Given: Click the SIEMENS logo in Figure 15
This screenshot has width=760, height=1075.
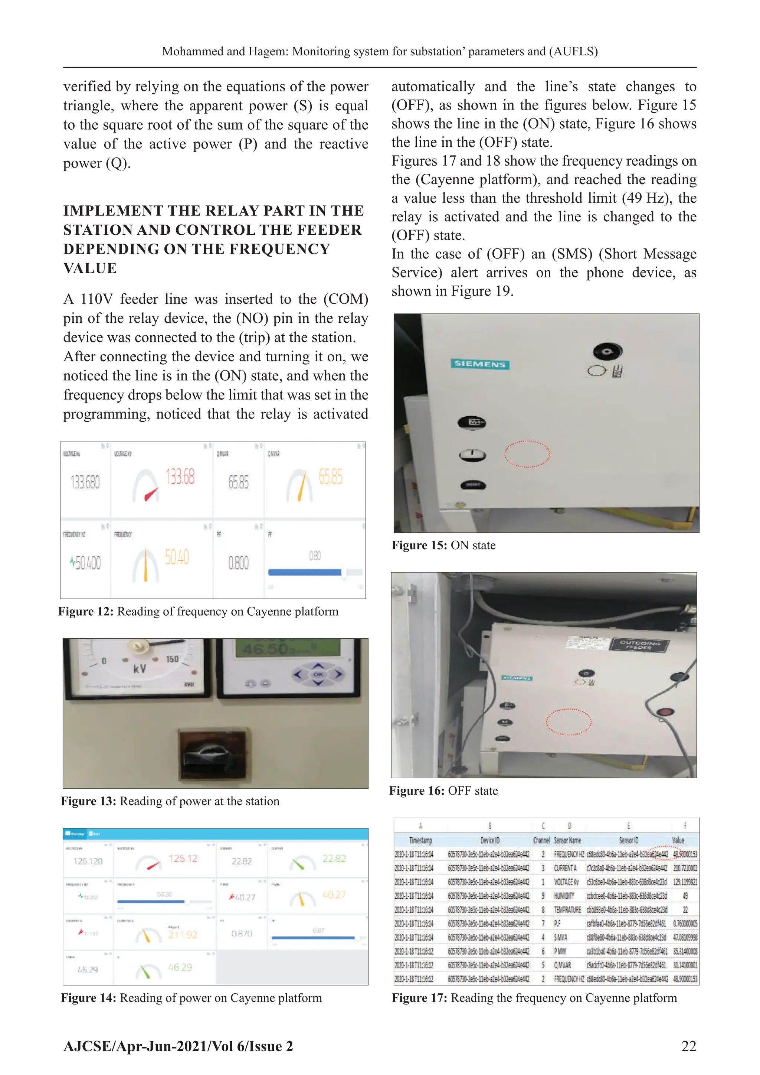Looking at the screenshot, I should coord(480,364).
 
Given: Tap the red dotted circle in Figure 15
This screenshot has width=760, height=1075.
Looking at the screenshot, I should coord(527,454).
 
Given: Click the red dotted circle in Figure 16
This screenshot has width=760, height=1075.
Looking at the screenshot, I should coord(569,722).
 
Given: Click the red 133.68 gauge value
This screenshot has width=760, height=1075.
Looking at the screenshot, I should coord(180,477).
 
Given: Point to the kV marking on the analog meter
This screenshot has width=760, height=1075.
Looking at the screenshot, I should coord(139,669).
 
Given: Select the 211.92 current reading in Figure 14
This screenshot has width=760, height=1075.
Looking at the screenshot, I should coord(183,935).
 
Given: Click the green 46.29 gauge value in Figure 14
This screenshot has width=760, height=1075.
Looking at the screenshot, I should coord(180,967).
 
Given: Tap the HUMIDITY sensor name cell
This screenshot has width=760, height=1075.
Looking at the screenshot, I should coord(564,896).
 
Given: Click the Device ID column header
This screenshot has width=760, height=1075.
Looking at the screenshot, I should coord(489,840).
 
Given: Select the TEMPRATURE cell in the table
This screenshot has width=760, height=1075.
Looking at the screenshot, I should coord(567,910).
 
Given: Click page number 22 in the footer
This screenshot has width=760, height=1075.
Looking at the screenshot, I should coord(688,1046).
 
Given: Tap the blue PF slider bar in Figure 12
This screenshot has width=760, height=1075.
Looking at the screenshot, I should coord(304,572).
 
